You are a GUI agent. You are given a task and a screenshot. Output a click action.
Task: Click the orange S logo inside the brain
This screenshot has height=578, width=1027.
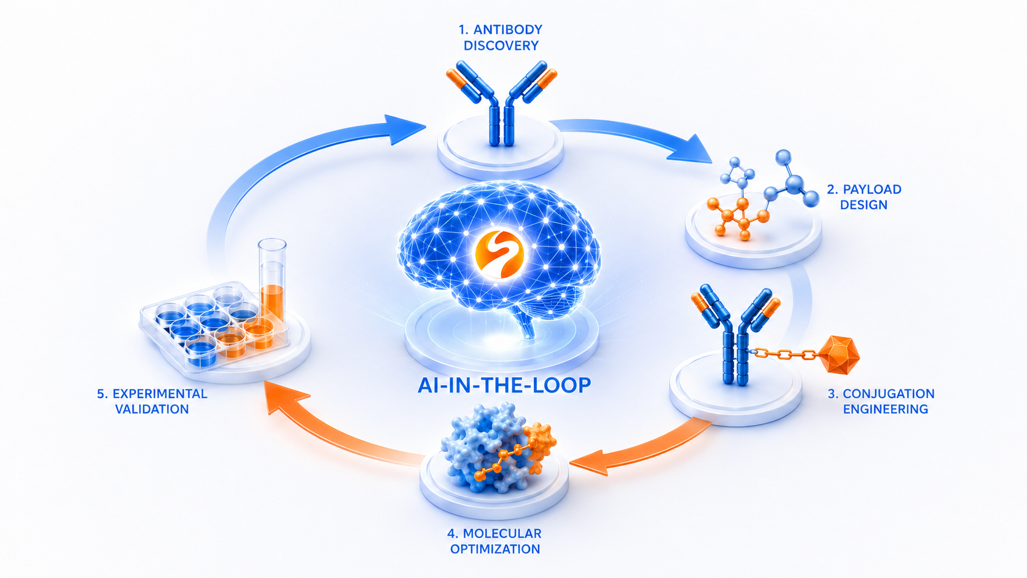tap(499, 255)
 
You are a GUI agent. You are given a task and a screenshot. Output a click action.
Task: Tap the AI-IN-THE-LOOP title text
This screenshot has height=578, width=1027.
tap(504, 386)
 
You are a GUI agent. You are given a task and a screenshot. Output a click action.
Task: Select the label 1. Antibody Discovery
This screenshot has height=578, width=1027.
tap(501, 37)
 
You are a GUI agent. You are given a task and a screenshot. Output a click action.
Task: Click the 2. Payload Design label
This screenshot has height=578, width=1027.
tap(864, 197)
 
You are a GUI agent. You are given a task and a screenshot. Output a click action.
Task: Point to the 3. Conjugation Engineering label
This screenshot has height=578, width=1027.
tap(881, 401)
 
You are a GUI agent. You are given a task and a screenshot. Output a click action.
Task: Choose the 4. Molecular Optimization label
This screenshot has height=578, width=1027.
tap(494, 541)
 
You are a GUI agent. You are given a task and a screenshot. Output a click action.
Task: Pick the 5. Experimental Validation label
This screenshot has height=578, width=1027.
tap(152, 401)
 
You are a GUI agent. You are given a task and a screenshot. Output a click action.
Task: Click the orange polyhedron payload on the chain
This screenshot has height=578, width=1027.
tap(838, 355)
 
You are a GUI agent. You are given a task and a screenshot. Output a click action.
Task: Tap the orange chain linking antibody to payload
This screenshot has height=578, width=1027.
tap(786, 353)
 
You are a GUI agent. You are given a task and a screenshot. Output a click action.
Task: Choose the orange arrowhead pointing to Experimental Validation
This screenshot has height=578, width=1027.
tap(285, 396)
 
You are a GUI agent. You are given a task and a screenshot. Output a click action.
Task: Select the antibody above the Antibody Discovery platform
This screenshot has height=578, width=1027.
tap(501, 104)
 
